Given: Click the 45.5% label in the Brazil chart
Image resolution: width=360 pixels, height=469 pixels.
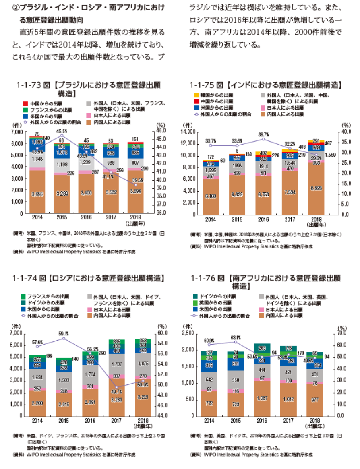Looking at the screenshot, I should pyautogui.click(x=62, y=131).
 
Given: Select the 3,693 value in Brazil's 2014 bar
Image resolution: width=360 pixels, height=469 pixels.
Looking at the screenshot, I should pyautogui.click(x=37, y=194).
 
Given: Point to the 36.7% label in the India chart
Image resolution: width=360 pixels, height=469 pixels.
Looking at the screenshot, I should pyautogui.click(x=263, y=134).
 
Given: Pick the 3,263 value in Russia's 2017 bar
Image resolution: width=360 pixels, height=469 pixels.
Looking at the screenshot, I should pyautogui.click(x=117, y=401).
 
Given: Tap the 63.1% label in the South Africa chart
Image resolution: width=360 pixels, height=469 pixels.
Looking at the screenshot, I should pyautogui.click(x=236, y=337).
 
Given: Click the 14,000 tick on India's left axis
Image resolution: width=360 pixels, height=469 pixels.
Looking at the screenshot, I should pyautogui.click(x=188, y=132).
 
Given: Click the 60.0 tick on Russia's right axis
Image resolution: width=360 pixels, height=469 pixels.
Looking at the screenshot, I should pyautogui.click(x=162, y=334).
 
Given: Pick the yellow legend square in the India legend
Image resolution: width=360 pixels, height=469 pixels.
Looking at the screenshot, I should pyautogui.click(x=197, y=95).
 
